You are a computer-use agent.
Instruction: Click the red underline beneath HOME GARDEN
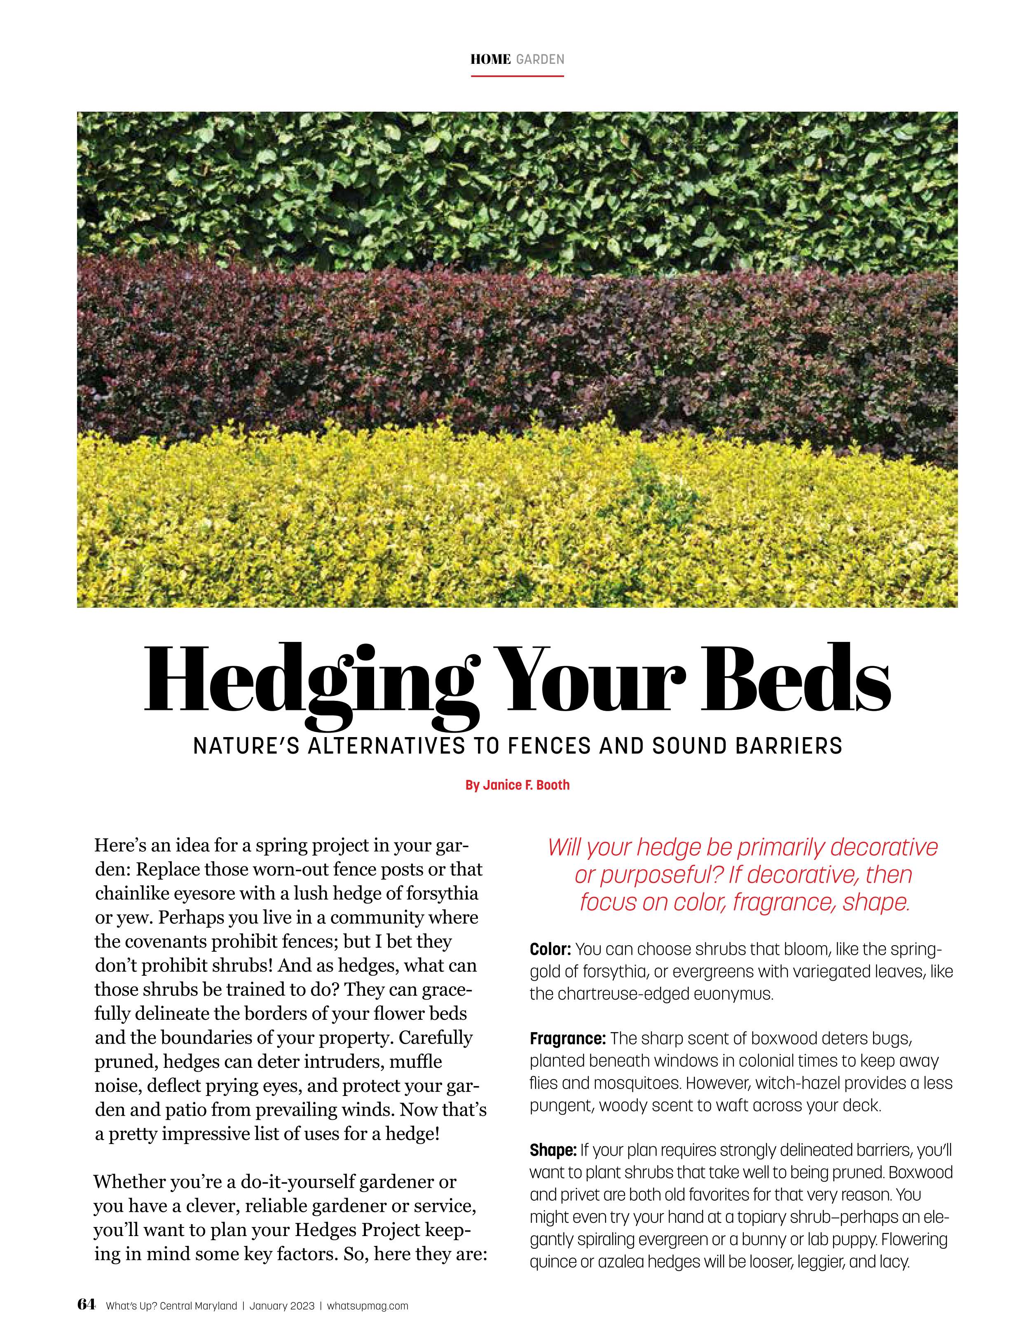517,76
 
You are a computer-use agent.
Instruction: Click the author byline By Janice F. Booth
517,785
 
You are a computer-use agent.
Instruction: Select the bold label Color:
550,949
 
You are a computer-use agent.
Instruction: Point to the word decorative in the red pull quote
884,848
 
